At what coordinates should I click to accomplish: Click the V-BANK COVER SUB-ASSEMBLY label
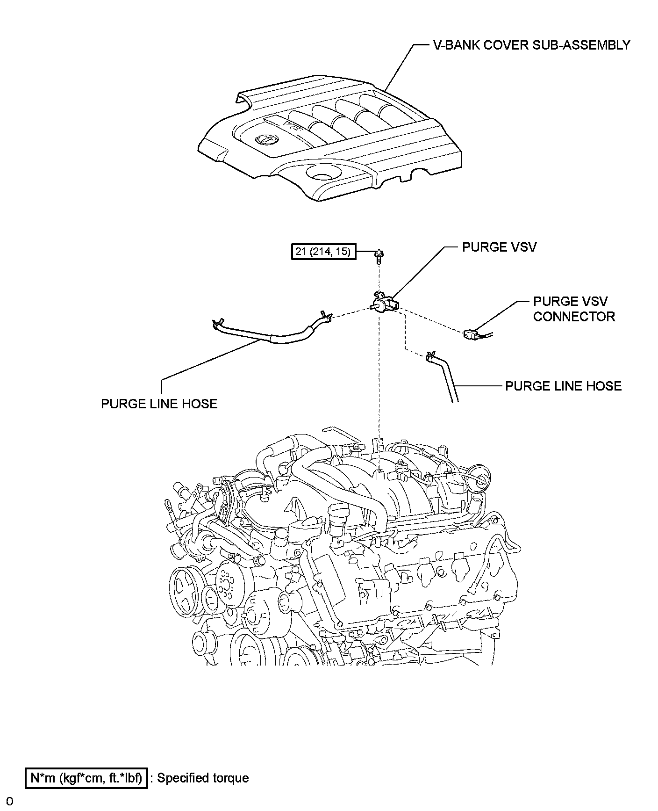pos(530,45)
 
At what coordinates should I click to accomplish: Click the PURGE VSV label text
pos(499,247)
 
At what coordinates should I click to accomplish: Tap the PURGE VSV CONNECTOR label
pos(574,309)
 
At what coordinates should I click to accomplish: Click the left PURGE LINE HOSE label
pos(159,404)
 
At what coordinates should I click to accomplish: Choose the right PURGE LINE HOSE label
pos(564,386)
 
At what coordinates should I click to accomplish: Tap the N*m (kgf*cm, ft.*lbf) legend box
pos(87,778)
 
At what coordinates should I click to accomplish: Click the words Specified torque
pos(203,778)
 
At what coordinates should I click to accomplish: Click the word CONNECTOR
pos(574,317)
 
